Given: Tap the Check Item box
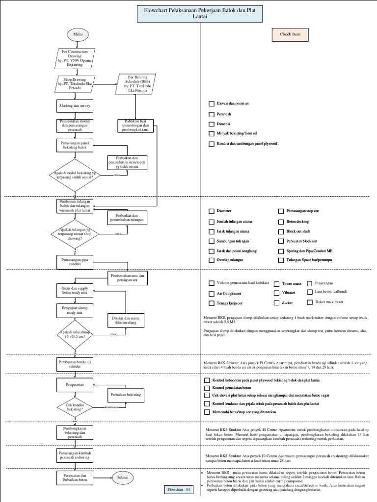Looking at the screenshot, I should tap(290, 34).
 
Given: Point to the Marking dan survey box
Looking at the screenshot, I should tap(75, 105).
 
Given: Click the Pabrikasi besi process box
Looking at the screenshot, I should tap(135, 125).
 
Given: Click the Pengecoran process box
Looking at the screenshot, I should tap(75, 385).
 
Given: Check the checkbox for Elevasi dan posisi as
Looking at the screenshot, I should tap(211, 104).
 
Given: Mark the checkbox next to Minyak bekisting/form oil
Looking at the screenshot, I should tap(211, 133).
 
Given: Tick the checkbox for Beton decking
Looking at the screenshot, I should tap(281, 221).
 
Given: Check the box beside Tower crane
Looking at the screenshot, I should tap(276, 283).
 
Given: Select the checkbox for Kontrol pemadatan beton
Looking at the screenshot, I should tap(207, 388).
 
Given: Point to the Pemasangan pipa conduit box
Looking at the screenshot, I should tap(75, 262).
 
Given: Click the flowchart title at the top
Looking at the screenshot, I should tap(199, 13).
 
